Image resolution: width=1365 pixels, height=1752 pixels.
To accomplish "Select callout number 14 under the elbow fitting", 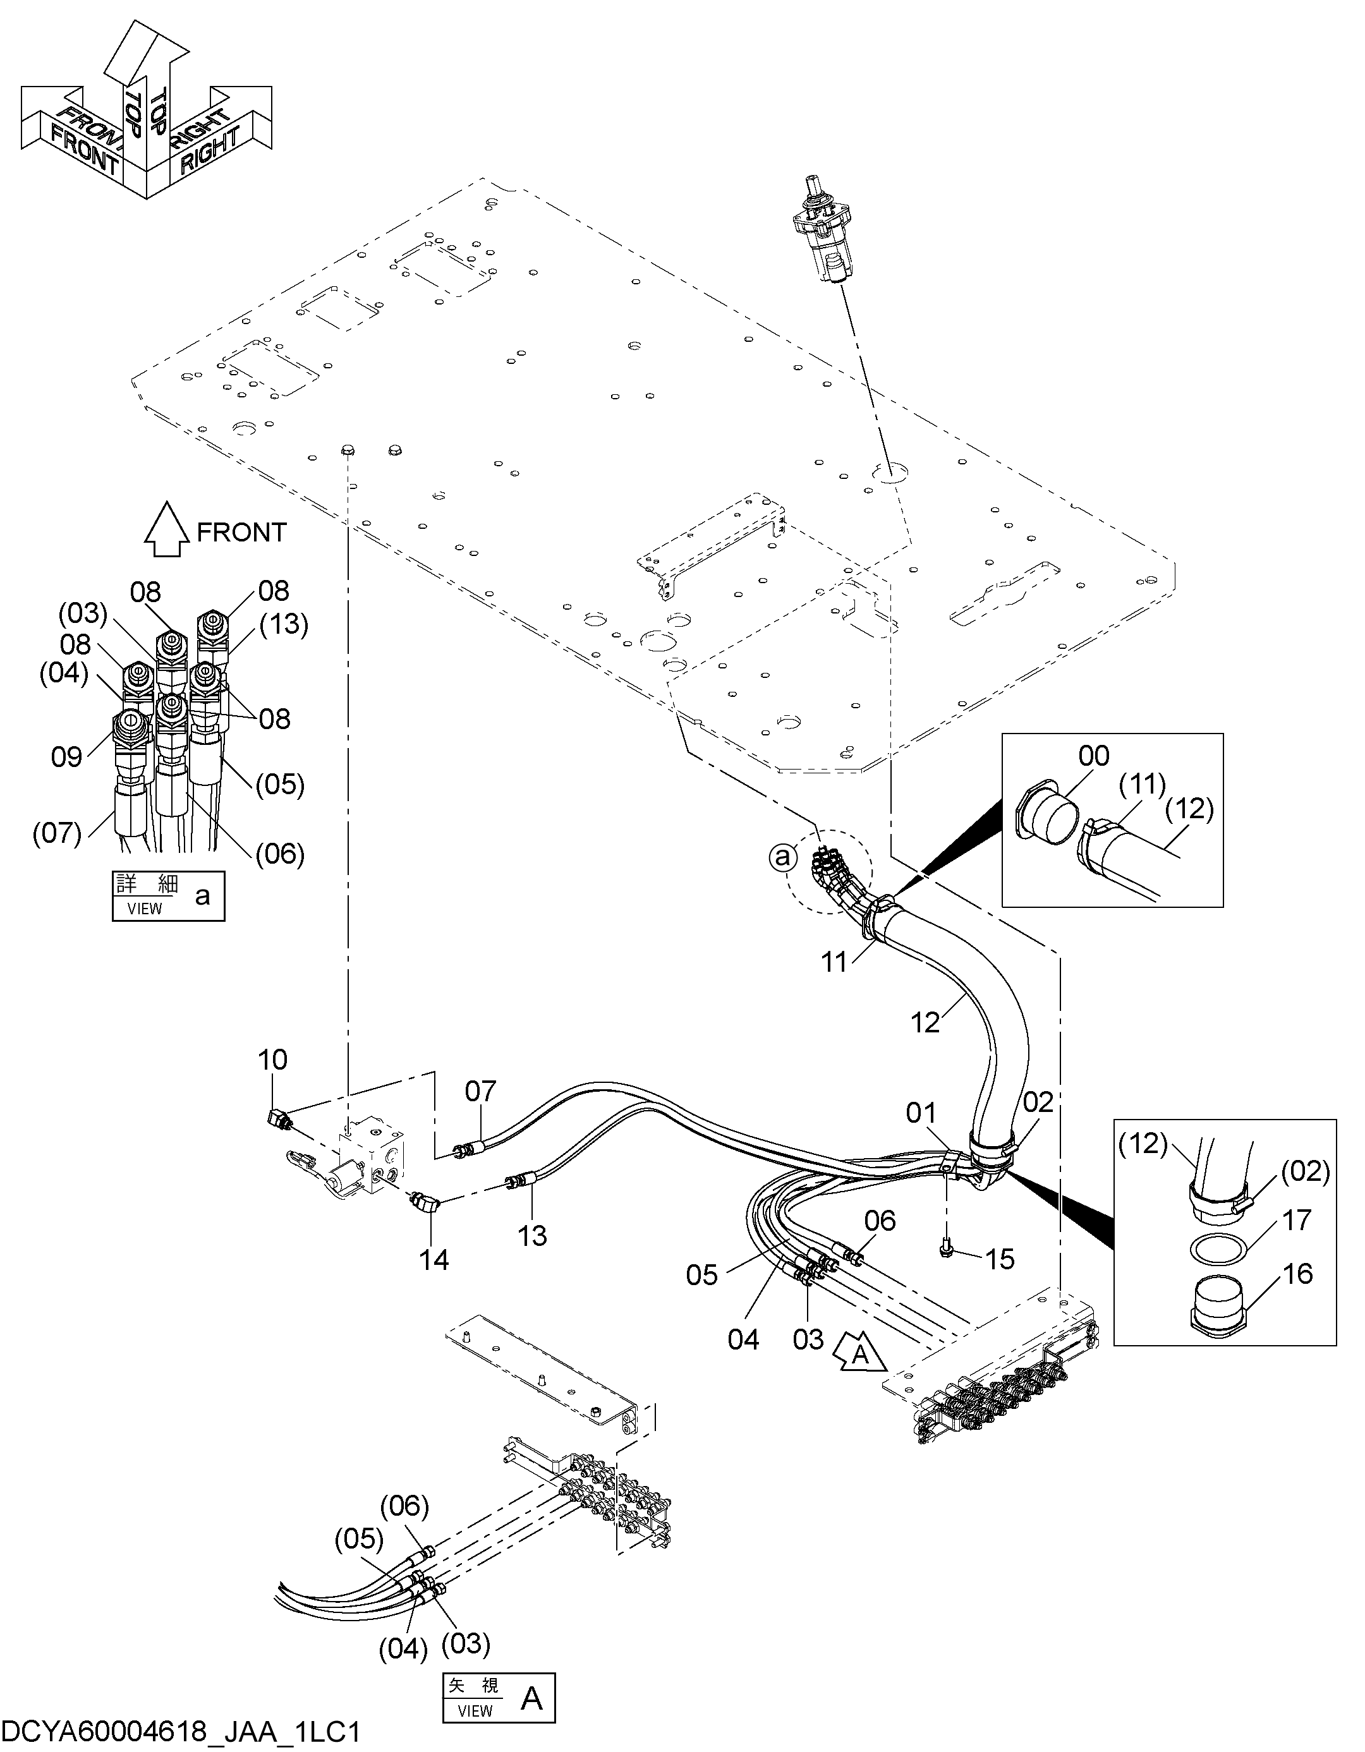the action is click(434, 1260).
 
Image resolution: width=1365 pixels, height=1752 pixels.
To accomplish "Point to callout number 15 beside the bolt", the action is click(1000, 1259).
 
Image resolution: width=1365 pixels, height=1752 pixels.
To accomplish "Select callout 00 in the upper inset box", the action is click(1094, 756).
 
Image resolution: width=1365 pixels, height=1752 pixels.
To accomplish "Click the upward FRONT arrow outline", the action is click(166, 529).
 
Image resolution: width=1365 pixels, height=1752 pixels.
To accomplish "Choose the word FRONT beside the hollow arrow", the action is click(241, 532).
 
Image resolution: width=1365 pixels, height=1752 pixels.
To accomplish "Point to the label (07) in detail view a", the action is click(57, 833).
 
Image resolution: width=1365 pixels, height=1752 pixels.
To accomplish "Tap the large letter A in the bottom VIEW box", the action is click(532, 1698).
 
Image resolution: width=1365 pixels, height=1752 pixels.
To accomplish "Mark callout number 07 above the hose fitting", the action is click(481, 1091).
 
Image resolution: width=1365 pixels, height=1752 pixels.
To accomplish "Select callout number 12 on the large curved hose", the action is click(925, 1023).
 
